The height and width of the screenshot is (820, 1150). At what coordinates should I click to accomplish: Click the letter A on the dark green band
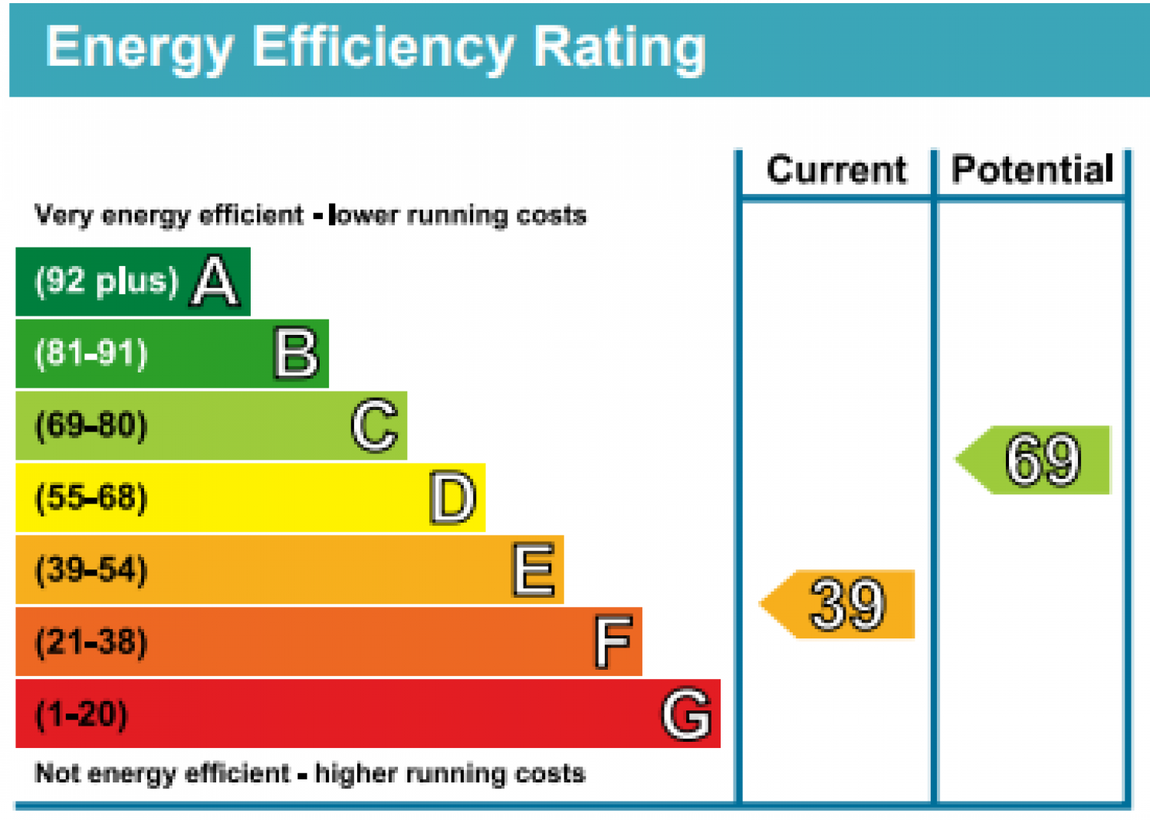(215, 281)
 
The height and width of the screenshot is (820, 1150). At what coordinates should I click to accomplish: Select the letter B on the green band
(296, 353)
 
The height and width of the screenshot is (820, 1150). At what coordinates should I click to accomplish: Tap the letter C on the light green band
(375, 425)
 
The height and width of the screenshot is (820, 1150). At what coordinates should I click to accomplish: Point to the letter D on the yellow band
(453, 497)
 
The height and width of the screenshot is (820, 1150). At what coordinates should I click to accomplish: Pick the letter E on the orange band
(534, 569)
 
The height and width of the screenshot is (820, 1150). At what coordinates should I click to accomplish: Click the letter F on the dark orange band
(613, 642)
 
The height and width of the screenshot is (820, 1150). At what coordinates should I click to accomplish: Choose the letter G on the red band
(687, 713)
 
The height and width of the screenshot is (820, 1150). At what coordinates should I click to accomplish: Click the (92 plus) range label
(107, 282)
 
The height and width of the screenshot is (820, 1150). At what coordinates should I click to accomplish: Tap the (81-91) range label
(91, 353)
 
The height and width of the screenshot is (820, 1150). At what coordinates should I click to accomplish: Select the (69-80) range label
(91, 425)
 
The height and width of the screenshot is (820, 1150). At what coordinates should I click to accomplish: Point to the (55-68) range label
(91, 497)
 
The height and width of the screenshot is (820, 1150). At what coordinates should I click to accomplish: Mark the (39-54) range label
(91, 570)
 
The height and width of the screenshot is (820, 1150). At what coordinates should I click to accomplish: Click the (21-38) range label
(91, 642)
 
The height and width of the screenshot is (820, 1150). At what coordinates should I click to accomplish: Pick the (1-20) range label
(81, 714)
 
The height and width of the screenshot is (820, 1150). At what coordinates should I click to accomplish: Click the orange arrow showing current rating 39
(837, 604)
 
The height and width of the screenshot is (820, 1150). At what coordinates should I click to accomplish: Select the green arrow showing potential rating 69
(1033, 460)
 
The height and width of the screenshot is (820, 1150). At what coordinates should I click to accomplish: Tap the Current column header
(837, 169)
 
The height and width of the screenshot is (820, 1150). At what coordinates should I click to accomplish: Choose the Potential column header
(1033, 169)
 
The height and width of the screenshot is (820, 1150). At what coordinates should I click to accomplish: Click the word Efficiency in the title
(383, 49)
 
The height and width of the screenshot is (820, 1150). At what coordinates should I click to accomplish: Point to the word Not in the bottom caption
(57, 772)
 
